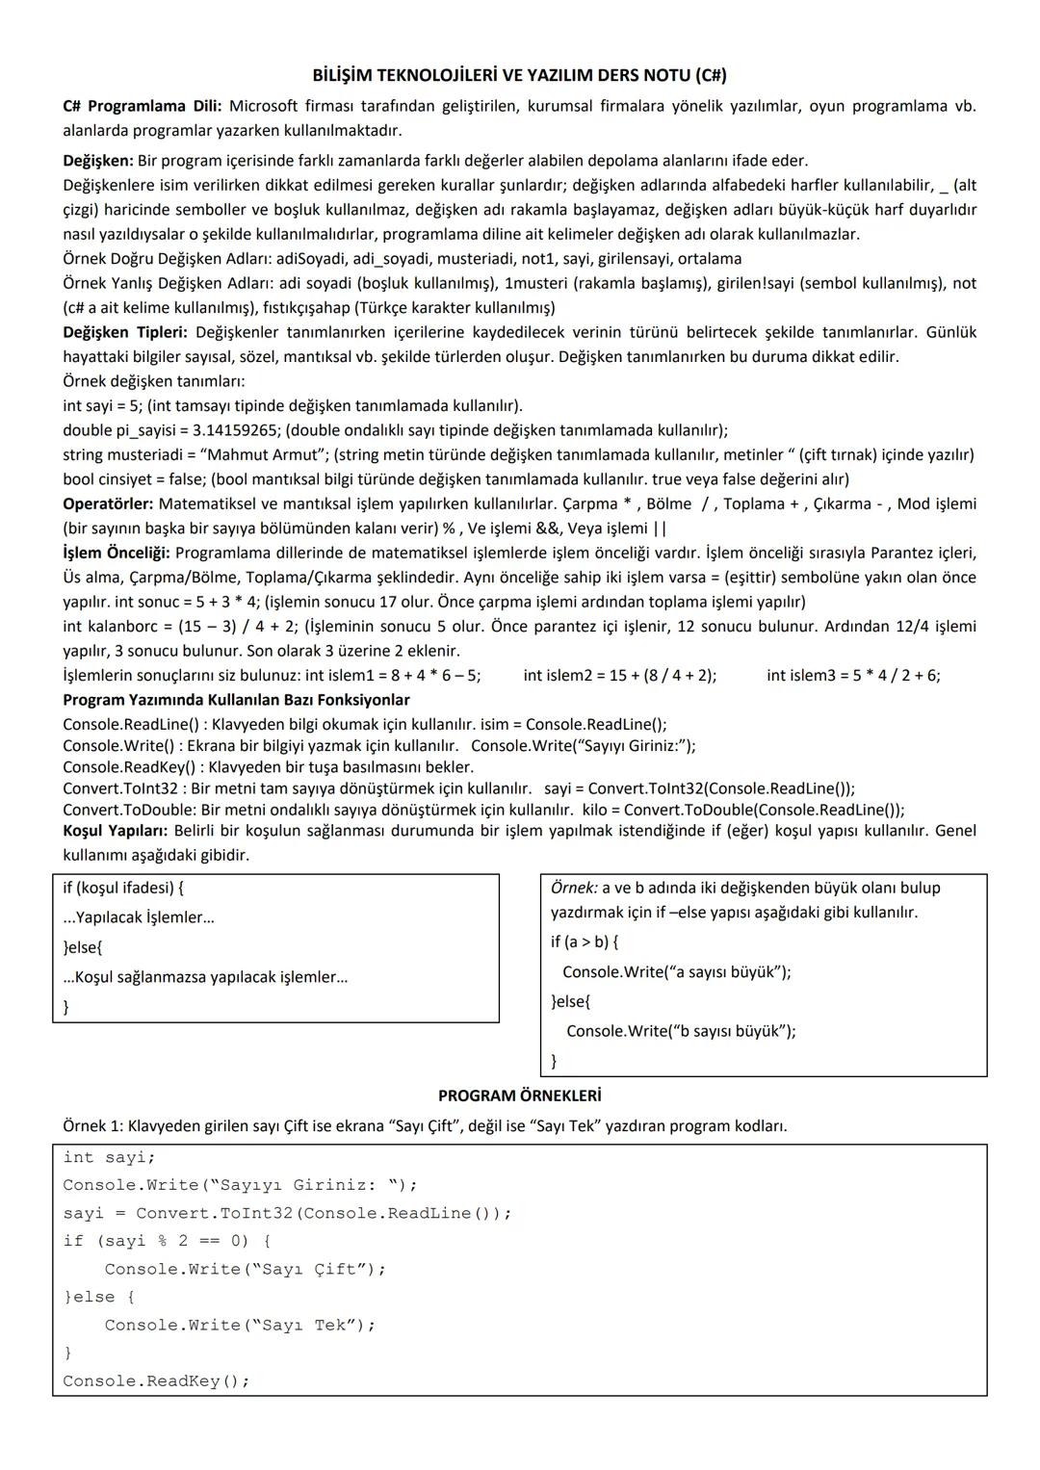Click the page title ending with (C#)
click(520, 75)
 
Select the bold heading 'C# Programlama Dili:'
click(142, 106)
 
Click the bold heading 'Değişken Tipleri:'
click(125, 332)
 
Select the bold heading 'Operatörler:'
click(108, 503)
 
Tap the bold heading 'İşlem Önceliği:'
click(117, 553)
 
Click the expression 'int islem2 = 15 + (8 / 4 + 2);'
click(619, 675)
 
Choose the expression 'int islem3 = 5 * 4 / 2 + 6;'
click(853, 675)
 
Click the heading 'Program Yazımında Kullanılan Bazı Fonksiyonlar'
click(236, 700)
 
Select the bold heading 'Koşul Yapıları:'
click(116, 831)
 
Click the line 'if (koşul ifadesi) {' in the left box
click(123, 888)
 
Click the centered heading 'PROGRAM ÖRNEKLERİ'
click(519, 1096)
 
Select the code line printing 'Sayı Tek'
click(240, 1326)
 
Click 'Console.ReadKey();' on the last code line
click(156, 1381)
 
